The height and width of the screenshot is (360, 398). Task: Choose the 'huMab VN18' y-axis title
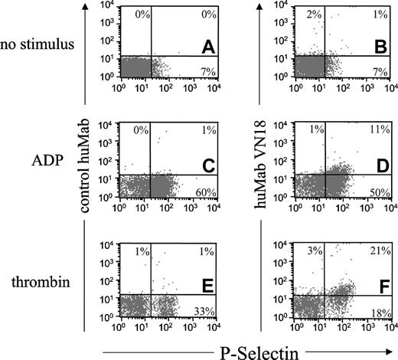click(268, 162)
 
